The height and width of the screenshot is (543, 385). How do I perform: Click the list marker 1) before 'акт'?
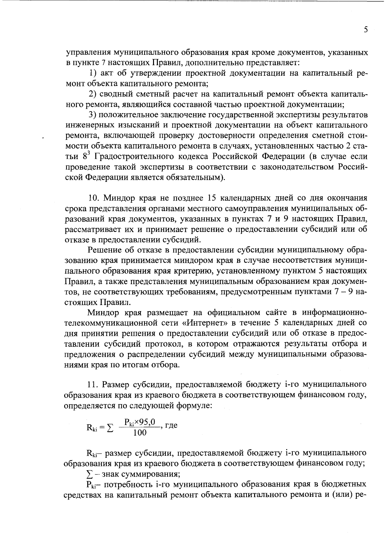click(93, 73)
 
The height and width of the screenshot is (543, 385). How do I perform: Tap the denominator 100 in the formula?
click(140, 433)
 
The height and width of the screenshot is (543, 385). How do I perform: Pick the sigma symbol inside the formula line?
click(110, 428)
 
